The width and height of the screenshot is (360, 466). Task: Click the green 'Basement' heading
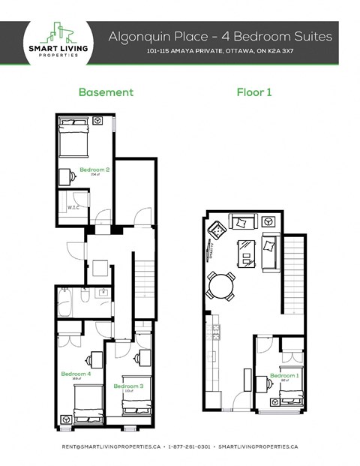coord(106,92)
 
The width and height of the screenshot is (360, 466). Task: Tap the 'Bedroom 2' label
coord(94,170)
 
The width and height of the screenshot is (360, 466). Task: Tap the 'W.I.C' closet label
coord(73,208)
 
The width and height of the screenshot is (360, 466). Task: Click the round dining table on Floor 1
coord(220,285)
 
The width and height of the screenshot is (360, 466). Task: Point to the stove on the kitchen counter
coord(214,331)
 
